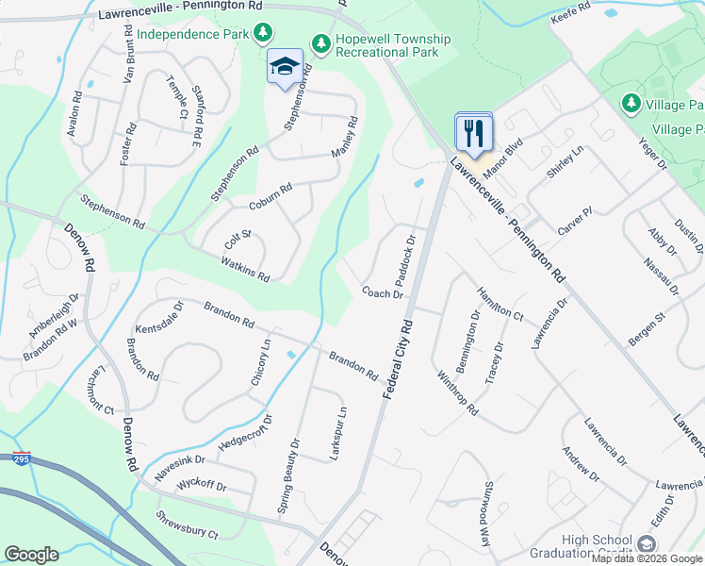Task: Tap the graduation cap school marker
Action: tap(285, 67)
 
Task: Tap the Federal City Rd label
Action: tap(399, 356)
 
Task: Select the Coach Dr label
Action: tap(383, 293)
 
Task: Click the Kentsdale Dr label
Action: tap(157, 318)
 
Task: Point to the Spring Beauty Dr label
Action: tap(287, 475)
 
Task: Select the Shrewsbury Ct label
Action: tap(187, 524)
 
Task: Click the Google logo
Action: tap(31, 555)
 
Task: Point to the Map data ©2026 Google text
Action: tap(647, 558)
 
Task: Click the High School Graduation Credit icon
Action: tap(646, 543)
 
